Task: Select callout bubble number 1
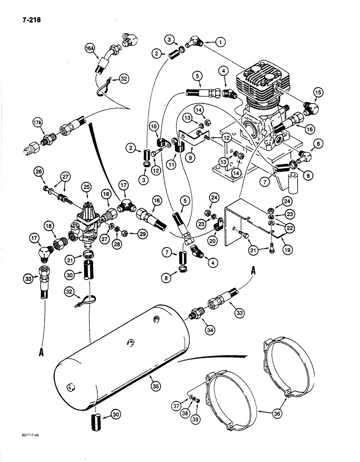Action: pos(221,43)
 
